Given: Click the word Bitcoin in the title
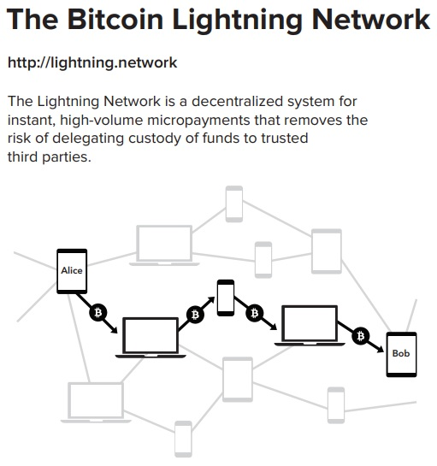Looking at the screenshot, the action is coord(115,20).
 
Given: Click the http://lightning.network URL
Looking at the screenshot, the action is coord(92,63).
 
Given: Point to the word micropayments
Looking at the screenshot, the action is coord(198,121).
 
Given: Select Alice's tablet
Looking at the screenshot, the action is coord(72,271).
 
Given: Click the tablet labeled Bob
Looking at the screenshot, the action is coord(401,354).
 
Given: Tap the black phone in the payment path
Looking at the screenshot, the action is coord(226,298).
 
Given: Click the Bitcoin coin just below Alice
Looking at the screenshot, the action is coord(97,313).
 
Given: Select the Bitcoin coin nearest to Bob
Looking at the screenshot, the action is coord(361,336).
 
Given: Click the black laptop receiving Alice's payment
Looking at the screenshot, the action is coord(151,338).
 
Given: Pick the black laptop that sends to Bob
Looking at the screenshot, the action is coord(310,326).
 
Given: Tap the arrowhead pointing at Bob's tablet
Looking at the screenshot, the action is coord(381,350).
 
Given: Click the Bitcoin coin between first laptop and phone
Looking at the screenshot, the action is coord(195,315).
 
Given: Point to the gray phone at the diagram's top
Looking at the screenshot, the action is coord(234,204).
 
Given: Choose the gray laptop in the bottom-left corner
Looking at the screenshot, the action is coord(96,403).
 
